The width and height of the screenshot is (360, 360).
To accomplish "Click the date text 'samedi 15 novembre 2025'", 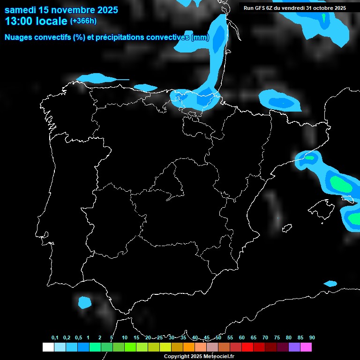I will (x=61, y=10).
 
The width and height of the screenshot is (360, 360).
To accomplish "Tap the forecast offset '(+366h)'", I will (x=83, y=21).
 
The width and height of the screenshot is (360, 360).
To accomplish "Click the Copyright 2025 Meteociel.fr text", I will (x=199, y=356).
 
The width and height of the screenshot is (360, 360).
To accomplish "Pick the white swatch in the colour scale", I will (x=48, y=347).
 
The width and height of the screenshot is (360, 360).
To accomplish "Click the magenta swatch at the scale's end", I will (x=306, y=347).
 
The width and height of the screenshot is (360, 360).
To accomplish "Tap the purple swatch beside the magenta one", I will (x=294, y=347).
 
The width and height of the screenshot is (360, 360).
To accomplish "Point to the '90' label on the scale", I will (x=312, y=338).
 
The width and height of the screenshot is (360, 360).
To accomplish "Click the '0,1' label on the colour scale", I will (x=55, y=338).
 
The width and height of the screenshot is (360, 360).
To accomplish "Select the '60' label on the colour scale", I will (x=241, y=338).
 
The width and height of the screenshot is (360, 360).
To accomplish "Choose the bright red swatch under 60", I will (x=247, y=347).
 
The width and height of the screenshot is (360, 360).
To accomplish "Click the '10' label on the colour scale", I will (x=124, y=338).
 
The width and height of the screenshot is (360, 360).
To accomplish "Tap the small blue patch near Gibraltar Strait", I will (x=84, y=302).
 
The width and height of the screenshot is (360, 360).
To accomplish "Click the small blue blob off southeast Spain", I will (x=330, y=284).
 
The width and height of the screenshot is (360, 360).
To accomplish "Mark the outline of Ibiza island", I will (x=278, y=218).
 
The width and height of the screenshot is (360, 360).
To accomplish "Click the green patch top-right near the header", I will (x=323, y=17).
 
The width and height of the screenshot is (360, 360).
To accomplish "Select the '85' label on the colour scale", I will (x=300, y=338).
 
